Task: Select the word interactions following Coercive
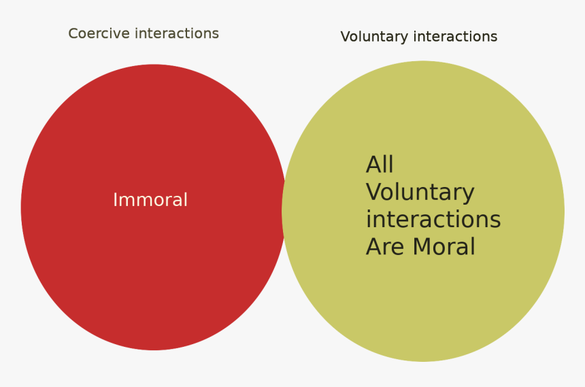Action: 177,33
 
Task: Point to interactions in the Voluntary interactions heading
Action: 456,37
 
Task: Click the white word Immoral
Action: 150,200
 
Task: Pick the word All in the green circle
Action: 380,165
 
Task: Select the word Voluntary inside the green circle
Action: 420,192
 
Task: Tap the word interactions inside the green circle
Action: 433,219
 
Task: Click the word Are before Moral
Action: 386,246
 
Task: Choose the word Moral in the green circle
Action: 444,246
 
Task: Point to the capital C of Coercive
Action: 73,33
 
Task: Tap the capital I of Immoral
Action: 114,200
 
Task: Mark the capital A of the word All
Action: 374,165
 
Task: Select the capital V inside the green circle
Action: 374,192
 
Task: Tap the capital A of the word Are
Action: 374,246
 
